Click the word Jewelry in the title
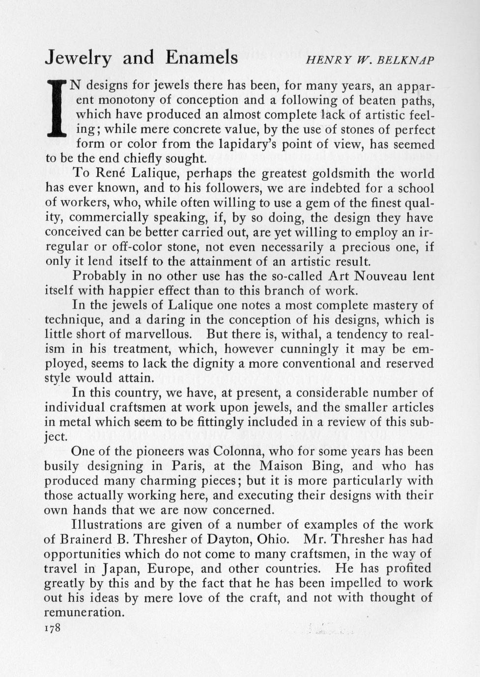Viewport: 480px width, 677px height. pos(78,58)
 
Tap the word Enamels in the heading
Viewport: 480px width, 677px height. pos(201,57)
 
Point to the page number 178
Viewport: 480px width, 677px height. pos(52,627)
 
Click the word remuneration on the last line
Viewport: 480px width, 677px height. pos(84,613)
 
